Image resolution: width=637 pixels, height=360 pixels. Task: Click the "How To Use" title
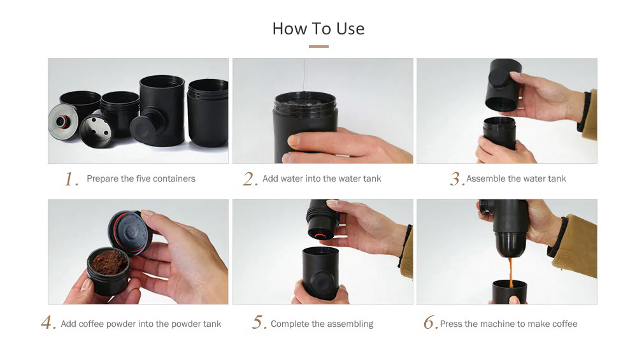pyautogui.click(x=318, y=29)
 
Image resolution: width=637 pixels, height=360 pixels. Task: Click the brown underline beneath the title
pyautogui.click(x=318, y=47)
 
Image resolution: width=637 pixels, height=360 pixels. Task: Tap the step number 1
pyautogui.click(x=71, y=179)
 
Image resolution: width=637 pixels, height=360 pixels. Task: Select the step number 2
pyautogui.click(x=249, y=179)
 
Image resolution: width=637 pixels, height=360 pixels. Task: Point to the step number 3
pyautogui.click(x=456, y=179)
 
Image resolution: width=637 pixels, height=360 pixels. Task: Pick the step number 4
pyautogui.click(x=48, y=323)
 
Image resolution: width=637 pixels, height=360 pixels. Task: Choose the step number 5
pyautogui.click(x=258, y=323)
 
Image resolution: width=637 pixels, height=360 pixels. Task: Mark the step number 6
pyautogui.click(x=431, y=323)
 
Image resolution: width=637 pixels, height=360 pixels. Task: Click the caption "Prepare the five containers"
pyautogui.click(x=141, y=179)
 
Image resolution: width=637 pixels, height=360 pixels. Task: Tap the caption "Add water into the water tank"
pyautogui.click(x=322, y=179)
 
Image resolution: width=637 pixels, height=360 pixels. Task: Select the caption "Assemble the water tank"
pyautogui.click(x=516, y=179)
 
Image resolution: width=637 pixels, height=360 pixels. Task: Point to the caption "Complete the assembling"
pyautogui.click(x=322, y=324)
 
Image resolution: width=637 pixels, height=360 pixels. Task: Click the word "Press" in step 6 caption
pyautogui.click(x=451, y=324)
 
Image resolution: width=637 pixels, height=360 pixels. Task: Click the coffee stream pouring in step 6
pyautogui.click(x=510, y=271)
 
